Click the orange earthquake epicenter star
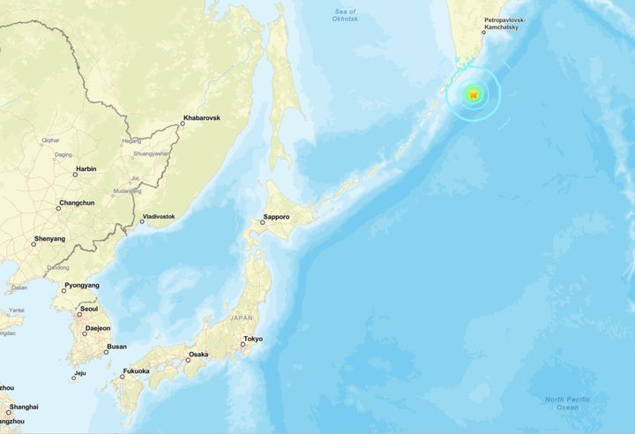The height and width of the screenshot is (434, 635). point(474,94)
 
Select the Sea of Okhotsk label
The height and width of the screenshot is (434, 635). point(345,15)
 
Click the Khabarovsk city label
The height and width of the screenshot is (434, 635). point(201,117)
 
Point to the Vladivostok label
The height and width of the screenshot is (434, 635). point(159,216)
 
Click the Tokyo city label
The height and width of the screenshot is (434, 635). point(252,339)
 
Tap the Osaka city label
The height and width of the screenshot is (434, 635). point(198,355)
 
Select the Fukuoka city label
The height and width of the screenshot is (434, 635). point(136,371)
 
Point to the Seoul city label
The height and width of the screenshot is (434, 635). point(89,310)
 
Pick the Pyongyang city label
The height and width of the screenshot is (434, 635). point(81,286)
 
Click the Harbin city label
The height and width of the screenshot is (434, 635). point(86,168)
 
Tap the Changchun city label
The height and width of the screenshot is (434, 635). point(76,204)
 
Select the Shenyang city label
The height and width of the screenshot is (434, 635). point(49,238)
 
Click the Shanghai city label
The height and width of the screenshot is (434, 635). point(23,407)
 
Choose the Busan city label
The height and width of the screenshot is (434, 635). point(116,347)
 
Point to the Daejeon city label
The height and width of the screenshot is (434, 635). point(97,328)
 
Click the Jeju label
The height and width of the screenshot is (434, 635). point(79,373)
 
